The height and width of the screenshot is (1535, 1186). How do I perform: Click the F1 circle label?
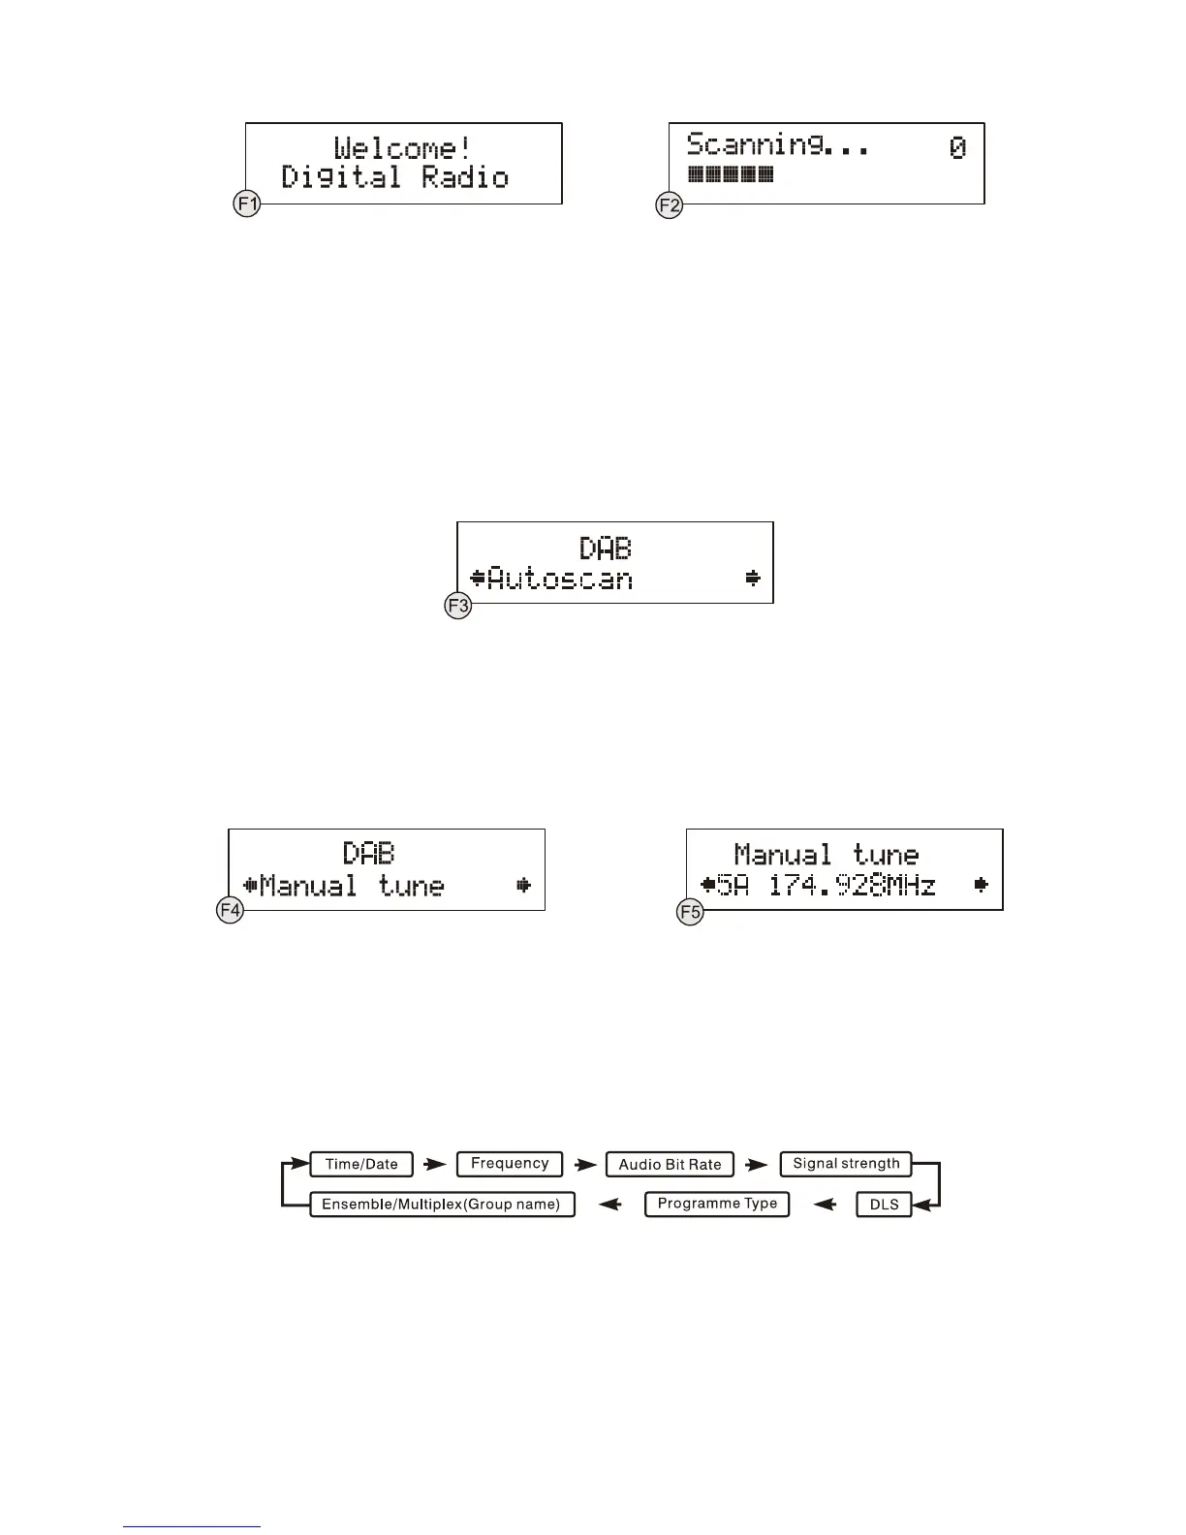tap(247, 204)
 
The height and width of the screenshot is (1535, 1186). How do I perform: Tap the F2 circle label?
tap(670, 204)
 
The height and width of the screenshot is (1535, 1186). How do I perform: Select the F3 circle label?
tap(458, 607)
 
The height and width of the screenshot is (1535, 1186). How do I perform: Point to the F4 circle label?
tap(230, 911)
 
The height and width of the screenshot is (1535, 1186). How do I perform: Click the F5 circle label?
tap(690, 912)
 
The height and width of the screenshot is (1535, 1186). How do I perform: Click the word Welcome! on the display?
tap(402, 148)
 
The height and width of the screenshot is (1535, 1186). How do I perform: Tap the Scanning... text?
tap(777, 145)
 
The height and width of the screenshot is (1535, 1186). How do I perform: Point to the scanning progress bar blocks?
tap(731, 175)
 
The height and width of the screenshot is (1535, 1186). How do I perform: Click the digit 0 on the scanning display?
tap(957, 147)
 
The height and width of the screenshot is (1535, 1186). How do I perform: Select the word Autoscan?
tap(560, 580)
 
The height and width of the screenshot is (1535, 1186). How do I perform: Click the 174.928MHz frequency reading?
tap(852, 885)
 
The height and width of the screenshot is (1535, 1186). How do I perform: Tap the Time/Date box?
tap(361, 1164)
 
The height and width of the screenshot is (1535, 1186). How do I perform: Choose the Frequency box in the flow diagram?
tap(510, 1164)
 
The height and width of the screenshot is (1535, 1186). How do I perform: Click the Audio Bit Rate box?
tap(670, 1164)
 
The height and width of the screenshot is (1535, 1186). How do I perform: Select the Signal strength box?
tap(846, 1164)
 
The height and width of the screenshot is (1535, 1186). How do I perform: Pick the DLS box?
tap(884, 1205)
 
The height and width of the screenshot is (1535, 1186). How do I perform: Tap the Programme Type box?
tap(717, 1204)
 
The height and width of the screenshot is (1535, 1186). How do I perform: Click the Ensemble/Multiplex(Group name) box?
tap(442, 1205)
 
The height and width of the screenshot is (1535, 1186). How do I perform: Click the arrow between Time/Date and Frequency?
tap(435, 1164)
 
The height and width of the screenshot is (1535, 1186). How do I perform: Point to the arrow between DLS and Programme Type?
tap(824, 1205)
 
